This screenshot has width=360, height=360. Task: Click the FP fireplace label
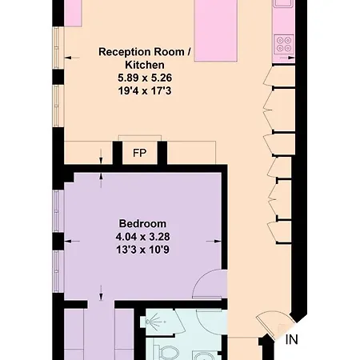[x=140, y=153]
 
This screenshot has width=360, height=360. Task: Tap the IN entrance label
[x=291, y=340]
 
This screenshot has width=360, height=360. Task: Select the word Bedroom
[x=142, y=223]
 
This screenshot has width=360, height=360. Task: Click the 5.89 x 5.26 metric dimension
[x=145, y=78]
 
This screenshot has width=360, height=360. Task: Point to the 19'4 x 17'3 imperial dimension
[x=145, y=91]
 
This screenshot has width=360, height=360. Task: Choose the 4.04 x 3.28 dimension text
[x=142, y=237]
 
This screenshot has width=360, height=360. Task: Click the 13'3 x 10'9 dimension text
[x=142, y=250]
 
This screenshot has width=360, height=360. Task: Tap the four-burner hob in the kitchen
[x=284, y=44]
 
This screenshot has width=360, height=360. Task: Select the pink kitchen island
[x=216, y=30]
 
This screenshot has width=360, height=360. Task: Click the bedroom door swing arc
[x=202, y=278]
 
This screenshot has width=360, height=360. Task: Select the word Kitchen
[x=145, y=65]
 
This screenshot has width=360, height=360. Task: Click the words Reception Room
[x=142, y=52]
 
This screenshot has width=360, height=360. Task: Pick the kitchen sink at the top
[x=283, y=3]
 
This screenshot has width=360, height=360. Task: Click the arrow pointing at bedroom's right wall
[x=214, y=242]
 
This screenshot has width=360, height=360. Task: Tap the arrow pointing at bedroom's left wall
[x=72, y=242]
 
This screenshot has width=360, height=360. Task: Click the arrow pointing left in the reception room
[x=72, y=58]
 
